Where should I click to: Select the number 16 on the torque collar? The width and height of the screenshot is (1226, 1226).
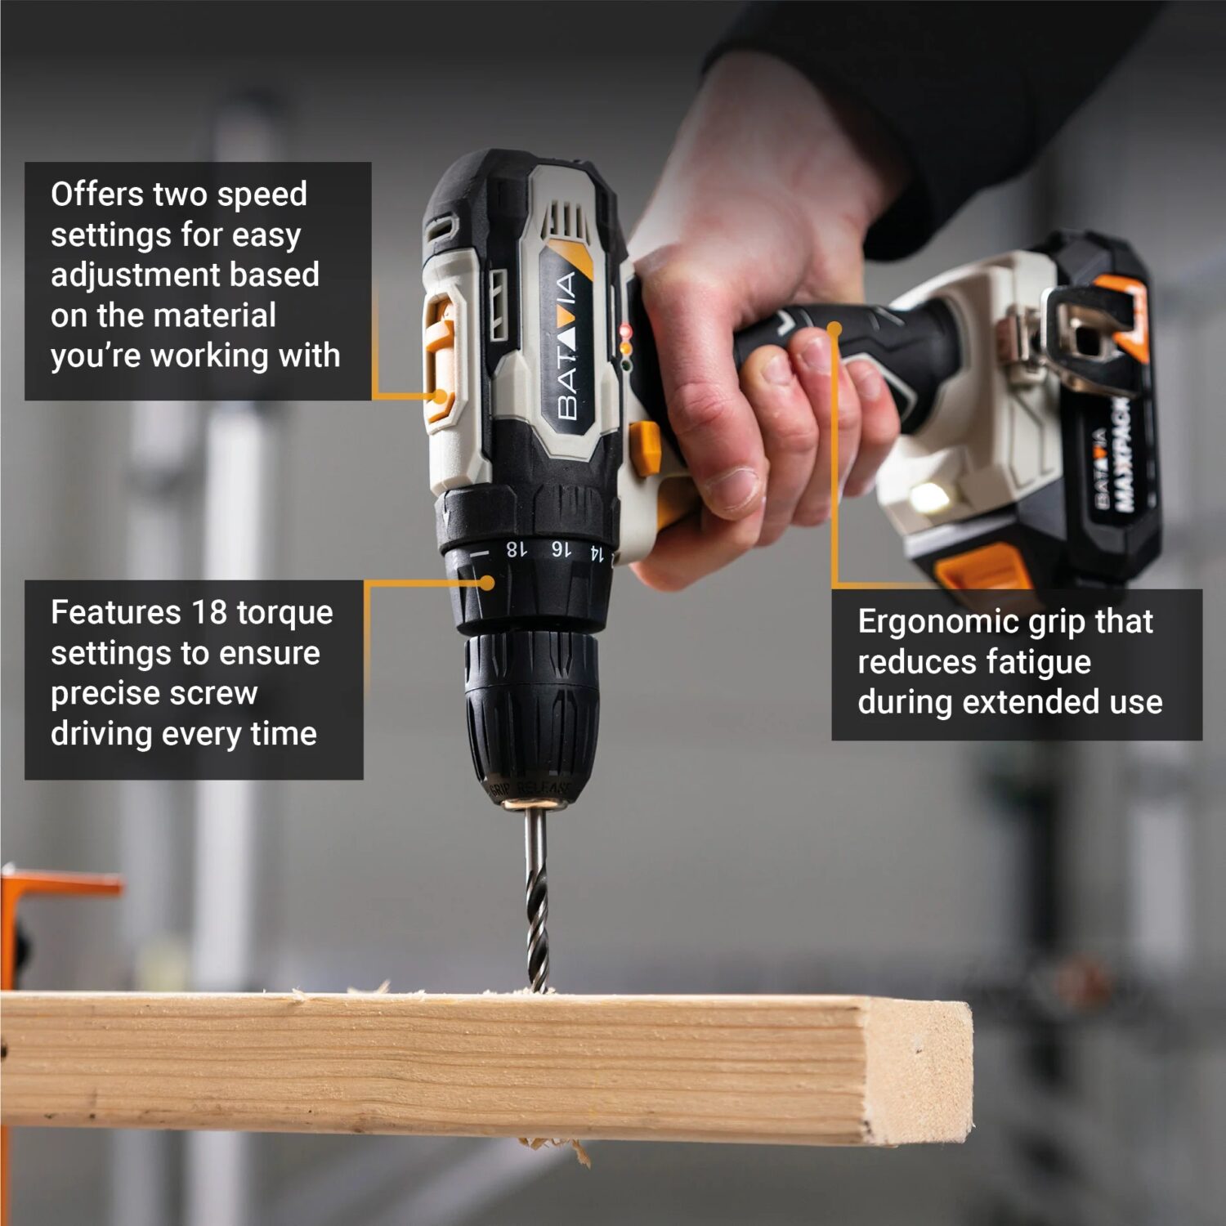pos(560,549)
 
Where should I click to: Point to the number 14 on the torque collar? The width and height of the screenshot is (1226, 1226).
pos(597,553)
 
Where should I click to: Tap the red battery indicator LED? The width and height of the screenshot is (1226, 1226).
pos(626,331)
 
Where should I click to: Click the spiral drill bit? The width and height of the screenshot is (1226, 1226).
pos(536,899)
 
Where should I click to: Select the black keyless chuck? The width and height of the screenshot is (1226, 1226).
pos(531,711)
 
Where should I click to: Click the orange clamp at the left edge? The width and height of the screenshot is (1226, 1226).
pos(33,899)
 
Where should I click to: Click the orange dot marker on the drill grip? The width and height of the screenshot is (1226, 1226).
pos(834,329)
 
